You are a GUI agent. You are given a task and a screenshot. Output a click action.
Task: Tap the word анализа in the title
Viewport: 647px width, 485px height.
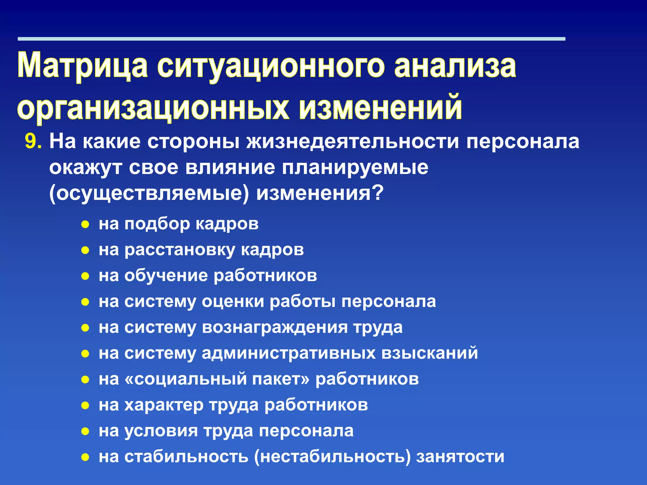coord(455,66)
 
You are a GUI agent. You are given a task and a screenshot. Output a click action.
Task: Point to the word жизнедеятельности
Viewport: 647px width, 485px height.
coord(352,141)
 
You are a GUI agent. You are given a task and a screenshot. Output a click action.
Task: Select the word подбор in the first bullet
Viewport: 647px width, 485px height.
coord(157,224)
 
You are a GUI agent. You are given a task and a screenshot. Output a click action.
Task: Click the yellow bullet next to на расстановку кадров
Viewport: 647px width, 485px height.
coord(85,251)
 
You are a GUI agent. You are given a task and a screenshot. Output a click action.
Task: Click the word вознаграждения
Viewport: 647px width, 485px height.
coord(275,327)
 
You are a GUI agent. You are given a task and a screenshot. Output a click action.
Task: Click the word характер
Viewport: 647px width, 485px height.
coord(164,405)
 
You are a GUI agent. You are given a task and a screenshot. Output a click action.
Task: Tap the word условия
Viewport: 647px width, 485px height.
coord(161,431)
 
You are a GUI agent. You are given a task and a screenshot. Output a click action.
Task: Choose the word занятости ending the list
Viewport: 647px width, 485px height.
coord(460,457)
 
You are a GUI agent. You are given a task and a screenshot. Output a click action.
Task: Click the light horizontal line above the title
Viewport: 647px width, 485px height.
coord(291,39)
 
